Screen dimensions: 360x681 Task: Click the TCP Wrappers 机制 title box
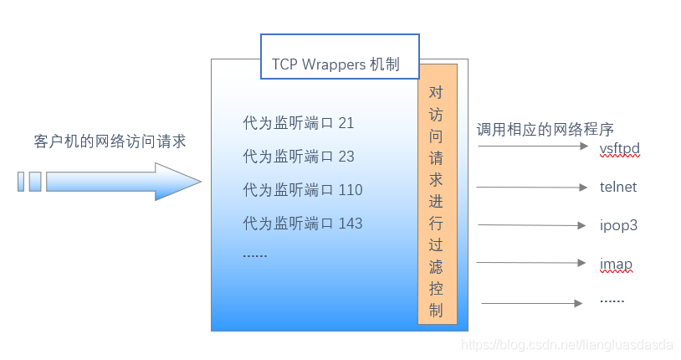340,56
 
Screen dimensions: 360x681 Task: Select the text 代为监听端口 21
298,123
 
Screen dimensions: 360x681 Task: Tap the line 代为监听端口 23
298,156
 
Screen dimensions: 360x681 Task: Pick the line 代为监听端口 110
302,189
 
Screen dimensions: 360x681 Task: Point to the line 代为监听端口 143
302,223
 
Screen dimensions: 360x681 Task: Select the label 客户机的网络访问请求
110,141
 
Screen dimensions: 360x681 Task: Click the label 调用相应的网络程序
545,130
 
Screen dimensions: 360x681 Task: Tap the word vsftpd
619,149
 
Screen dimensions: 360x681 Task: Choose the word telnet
618,187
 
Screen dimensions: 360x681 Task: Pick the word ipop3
618,225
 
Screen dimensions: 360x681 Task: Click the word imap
616,265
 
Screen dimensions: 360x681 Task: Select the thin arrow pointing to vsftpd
533,146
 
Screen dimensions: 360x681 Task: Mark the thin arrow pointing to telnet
533,187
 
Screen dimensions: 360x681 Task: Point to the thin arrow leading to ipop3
533,225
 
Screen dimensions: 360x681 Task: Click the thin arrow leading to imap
533,262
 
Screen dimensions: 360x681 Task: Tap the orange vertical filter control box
438,193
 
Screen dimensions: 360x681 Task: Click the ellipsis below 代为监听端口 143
254,255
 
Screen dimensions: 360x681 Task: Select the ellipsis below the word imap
612,299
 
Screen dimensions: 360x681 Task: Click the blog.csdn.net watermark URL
568,345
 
